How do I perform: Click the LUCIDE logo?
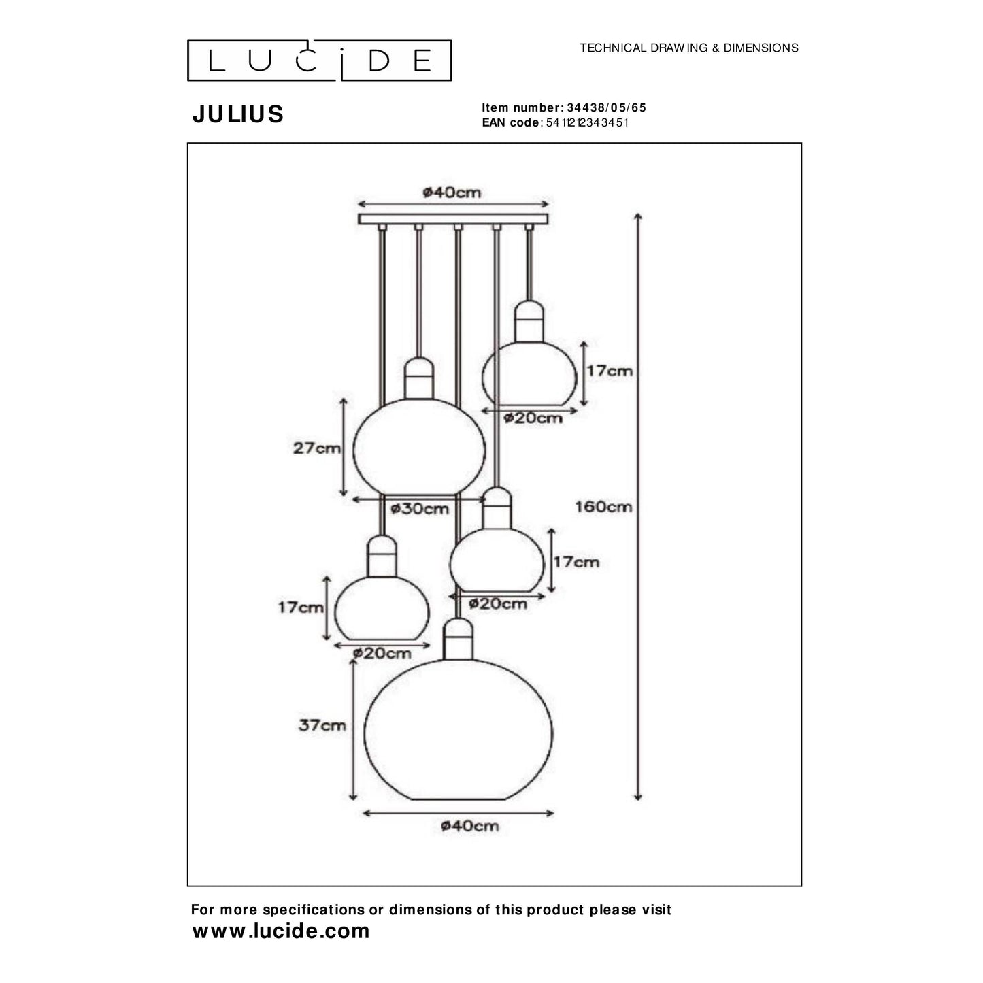[x=319, y=61]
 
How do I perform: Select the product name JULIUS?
[x=238, y=114]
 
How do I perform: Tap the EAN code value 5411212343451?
[x=586, y=122]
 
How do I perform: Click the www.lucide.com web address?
[x=281, y=931]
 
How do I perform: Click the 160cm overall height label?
[x=603, y=507]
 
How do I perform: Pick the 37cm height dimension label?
[x=322, y=725]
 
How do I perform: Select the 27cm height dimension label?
[x=316, y=448]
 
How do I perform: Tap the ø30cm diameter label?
[x=420, y=509]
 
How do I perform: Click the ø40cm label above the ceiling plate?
[x=452, y=193]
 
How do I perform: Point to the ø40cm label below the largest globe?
[x=469, y=826]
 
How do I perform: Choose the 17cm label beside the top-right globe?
[x=609, y=371]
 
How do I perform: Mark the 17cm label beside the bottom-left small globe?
[x=300, y=607]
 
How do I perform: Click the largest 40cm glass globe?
[x=459, y=731]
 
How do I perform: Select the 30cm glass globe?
[x=420, y=448]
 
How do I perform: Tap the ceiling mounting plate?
[x=453, y=219]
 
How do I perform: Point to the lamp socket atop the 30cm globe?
[x=419, y=378]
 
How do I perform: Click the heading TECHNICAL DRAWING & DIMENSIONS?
[x=688, y=48]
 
